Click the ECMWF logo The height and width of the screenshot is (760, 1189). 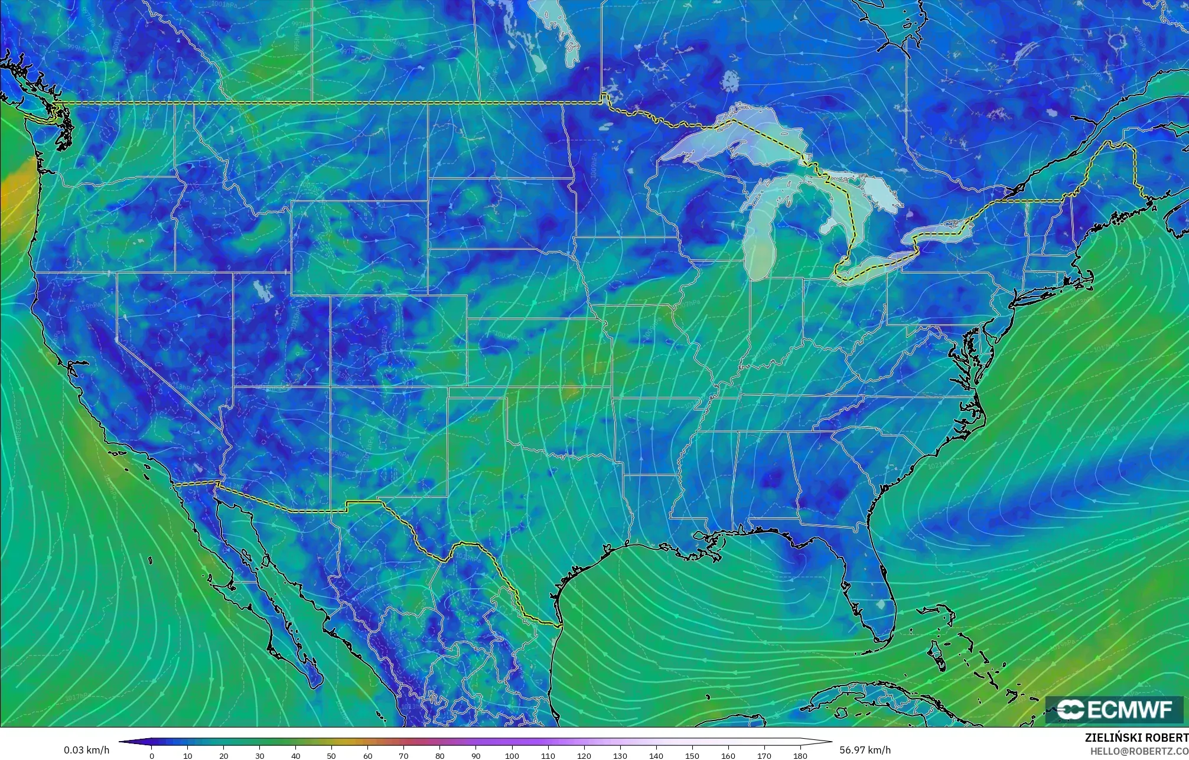coord(1113,709)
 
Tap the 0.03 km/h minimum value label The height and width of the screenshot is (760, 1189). coord(86,750)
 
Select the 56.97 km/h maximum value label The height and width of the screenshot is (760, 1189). coord(865,750)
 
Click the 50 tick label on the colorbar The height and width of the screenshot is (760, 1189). coord(332,755)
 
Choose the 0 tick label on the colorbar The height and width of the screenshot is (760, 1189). coord(152,755)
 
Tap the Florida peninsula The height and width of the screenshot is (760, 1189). coord(868,585)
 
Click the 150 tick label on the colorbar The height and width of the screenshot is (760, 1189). coord(692,755)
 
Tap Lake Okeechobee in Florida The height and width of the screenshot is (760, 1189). coord(882,605)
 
